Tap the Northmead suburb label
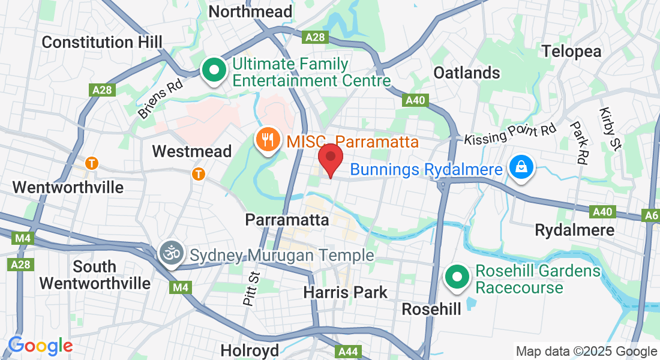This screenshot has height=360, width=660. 250,11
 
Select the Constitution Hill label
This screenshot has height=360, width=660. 103,42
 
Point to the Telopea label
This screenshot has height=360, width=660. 571,51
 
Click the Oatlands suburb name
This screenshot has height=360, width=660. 467,73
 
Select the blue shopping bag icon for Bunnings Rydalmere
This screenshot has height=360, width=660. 521,167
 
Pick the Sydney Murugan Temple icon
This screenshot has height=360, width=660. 170,253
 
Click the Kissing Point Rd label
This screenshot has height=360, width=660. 511,134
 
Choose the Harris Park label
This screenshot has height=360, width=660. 345,293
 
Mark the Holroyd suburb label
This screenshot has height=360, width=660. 250,350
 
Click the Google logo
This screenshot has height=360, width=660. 40,346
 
